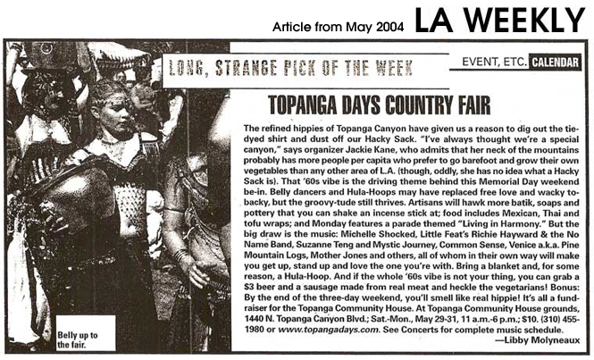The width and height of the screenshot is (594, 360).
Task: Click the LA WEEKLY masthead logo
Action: click(x=499, y=19)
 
